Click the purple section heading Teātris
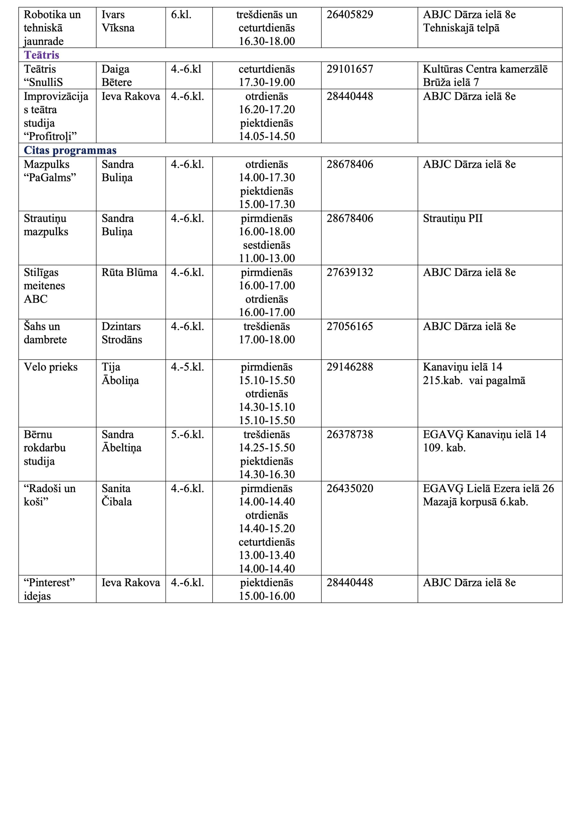point(41,55)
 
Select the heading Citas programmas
point(70,150)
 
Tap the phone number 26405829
point(349,15)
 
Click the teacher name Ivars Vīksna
point(118,21)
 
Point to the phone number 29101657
point(349,69)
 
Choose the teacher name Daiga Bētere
point(117,75)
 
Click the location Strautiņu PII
point(452,218)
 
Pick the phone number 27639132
point(349,272)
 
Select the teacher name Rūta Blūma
point(129,272)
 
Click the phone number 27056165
point(349,326)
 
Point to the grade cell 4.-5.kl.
point(187,367)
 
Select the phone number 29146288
point(349,367)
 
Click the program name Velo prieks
point(50,367)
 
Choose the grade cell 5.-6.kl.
point(187,434)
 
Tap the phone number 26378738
point(349,434)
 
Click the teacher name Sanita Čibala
point(117,495)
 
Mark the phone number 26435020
point(349,489)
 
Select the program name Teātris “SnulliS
point(43,75)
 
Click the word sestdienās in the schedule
point(266,245)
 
